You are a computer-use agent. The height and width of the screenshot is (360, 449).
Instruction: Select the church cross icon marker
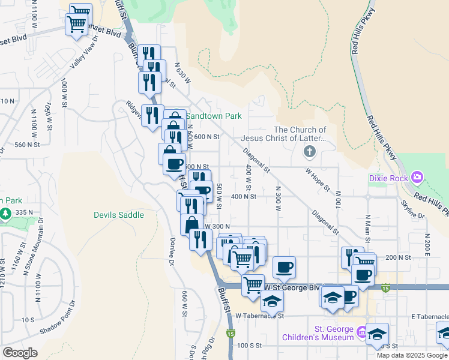point(310,151)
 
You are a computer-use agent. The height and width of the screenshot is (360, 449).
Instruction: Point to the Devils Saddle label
point(119,215)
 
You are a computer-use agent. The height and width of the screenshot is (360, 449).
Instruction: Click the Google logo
point(20,352)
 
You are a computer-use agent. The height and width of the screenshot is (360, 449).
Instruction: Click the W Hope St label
point(318,179)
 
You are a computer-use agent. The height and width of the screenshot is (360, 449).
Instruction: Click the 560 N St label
point(27,145)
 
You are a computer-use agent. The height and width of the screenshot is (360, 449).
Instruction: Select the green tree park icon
point(5,213)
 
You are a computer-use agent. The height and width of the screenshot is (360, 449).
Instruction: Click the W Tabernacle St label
point(259,316)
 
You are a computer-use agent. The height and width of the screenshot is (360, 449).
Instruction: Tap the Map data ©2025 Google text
point(411,355)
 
